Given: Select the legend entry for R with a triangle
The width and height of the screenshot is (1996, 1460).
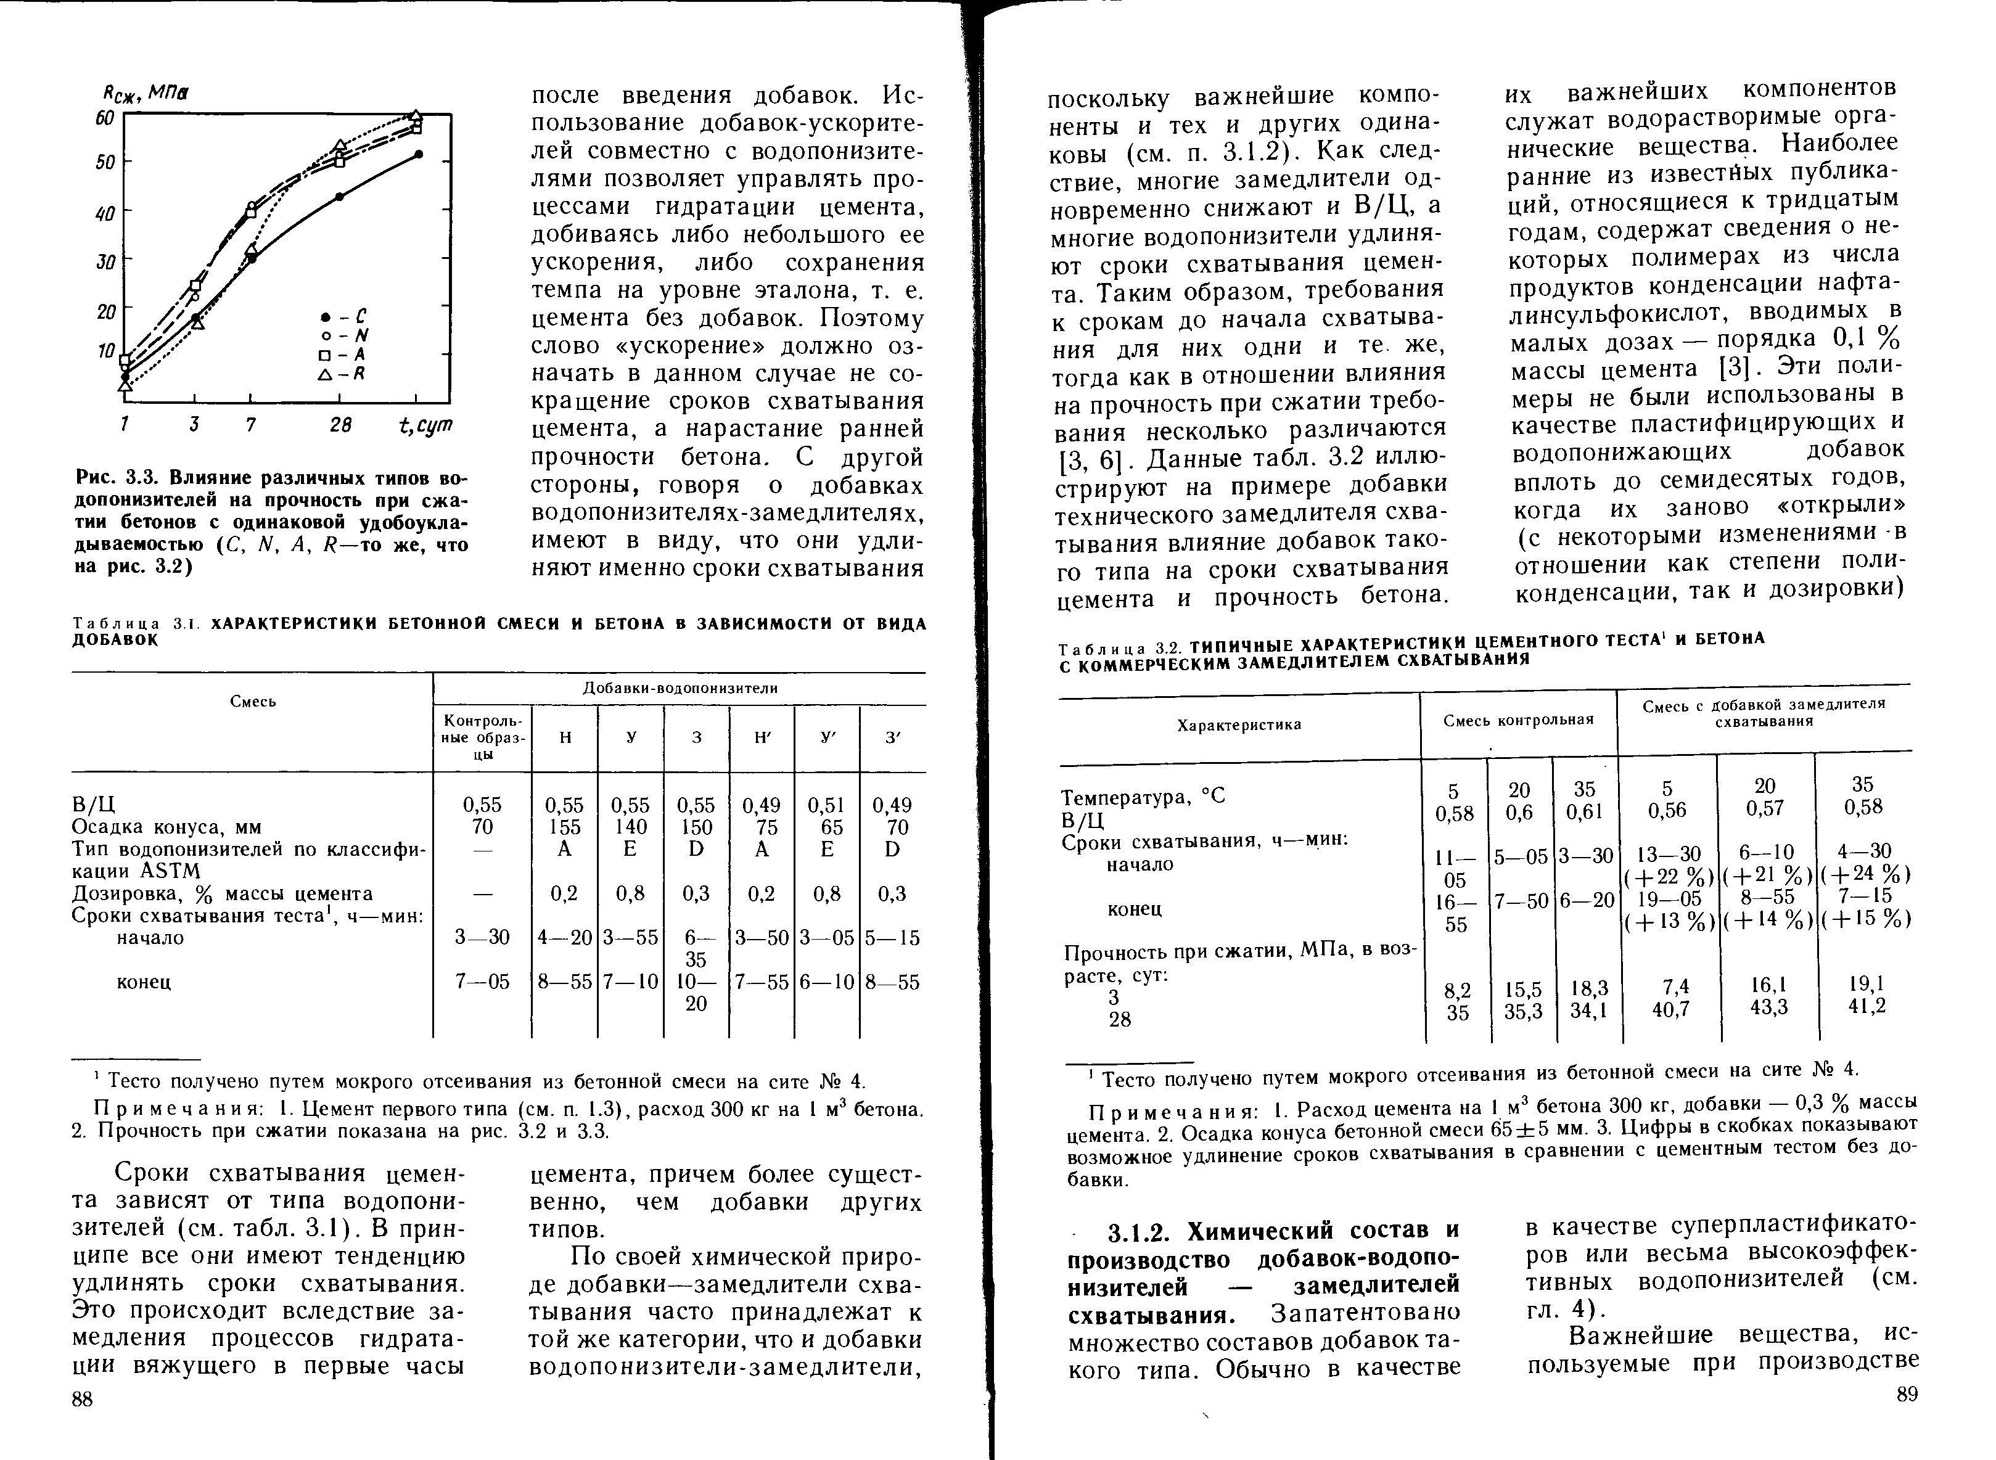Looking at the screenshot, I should (340, 374).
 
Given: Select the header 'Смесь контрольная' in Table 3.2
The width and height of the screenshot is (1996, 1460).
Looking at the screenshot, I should (1518, 720).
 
